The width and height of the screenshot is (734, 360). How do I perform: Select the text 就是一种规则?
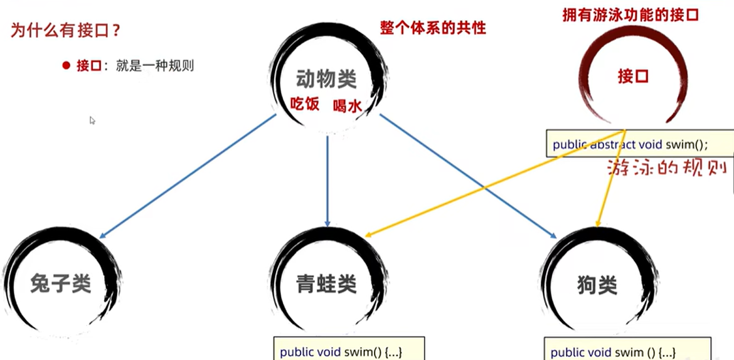[x=154, y=66]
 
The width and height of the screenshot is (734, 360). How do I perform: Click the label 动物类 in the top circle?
[x=326, y=80]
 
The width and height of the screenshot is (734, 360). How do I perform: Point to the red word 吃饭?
[x=305, y=104]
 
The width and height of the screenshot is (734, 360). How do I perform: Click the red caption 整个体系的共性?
[x=433, y=28]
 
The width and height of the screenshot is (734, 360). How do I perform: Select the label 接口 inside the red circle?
[x=632, y=77]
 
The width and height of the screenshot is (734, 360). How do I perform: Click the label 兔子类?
[x=60, y=284]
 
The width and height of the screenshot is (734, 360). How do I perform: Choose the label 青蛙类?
[x=326, y=284]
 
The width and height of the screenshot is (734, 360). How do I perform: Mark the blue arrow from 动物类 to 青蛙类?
[x=327, y=182]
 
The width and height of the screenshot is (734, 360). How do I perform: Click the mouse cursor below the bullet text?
[x=92, y=120]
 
